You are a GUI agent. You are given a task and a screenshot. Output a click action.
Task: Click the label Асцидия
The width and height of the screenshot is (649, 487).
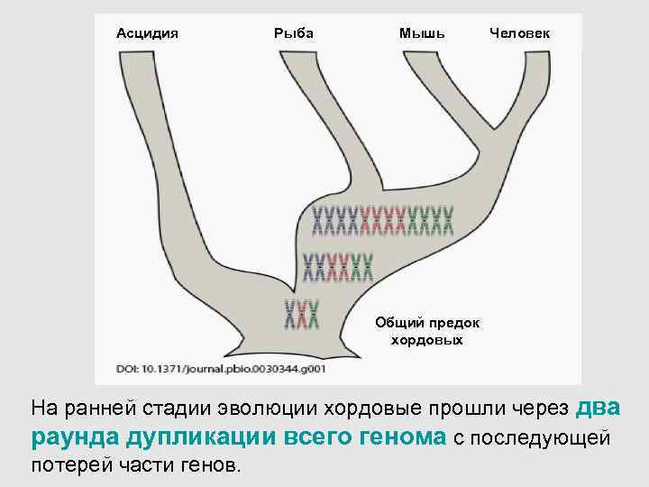click(x=148, y=33)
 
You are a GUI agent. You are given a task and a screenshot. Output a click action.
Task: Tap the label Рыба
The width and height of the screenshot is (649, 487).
click(x=293, y=33)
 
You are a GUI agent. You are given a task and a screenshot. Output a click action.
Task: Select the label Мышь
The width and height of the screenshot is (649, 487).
click(x=422, y=33)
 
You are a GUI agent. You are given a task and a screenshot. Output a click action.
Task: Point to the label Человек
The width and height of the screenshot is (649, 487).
click(x=522, y=33)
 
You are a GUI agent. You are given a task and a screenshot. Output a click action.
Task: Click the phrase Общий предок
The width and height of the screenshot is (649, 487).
click(x=427, y=323)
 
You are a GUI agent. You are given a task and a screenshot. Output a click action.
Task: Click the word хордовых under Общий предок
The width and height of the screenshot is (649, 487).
click(x=427, y=340)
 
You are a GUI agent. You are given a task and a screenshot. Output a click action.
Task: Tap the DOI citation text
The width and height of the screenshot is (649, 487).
click(x=221, y=368)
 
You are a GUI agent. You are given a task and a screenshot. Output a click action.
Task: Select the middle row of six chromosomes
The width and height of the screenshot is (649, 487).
click(x=337, y=264)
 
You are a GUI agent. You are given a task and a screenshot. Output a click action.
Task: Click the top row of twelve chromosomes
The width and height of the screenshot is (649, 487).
click(x=383, y=217)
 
